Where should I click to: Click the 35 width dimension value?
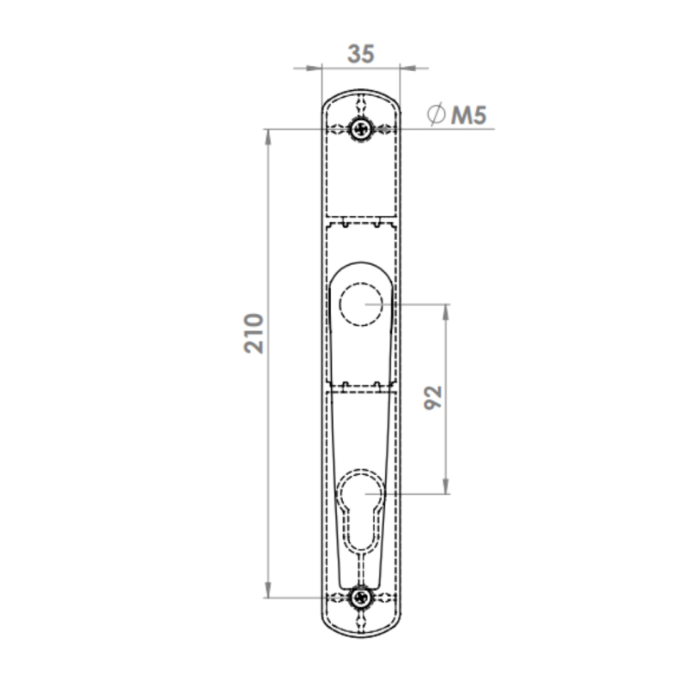coord(361,54)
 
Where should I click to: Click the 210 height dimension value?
coord(254,334)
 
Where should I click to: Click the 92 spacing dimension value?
coord(433,398)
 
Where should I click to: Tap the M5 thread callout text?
coord(469,116)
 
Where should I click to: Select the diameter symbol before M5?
coord(436,114)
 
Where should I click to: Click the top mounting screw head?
coord(361,129)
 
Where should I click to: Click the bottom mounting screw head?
coord(361,597)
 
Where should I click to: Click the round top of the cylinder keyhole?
coord(361,472)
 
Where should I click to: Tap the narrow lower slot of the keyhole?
coord(361,569)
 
